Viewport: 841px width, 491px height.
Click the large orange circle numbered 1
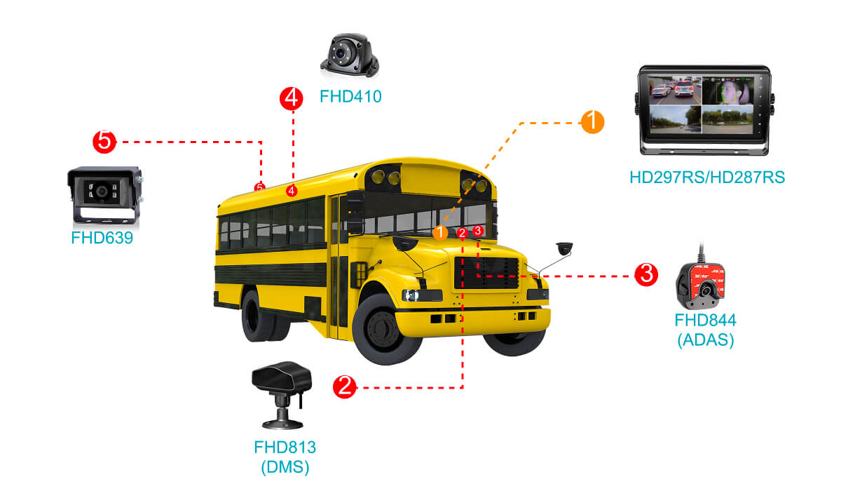tap(592, 121)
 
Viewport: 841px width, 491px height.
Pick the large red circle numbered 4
tap(292, 98)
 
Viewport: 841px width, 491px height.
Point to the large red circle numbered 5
tap(104, 141)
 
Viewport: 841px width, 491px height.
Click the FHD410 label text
tap(350, 96)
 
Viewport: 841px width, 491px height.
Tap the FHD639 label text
tap(102, 238)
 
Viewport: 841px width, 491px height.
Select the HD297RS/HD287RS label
tap(706, 177)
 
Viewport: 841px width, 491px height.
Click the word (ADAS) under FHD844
tap(705, 340)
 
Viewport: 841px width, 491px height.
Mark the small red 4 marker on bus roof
tap(292, 190)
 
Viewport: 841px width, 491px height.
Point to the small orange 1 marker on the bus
tap(440, 232)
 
